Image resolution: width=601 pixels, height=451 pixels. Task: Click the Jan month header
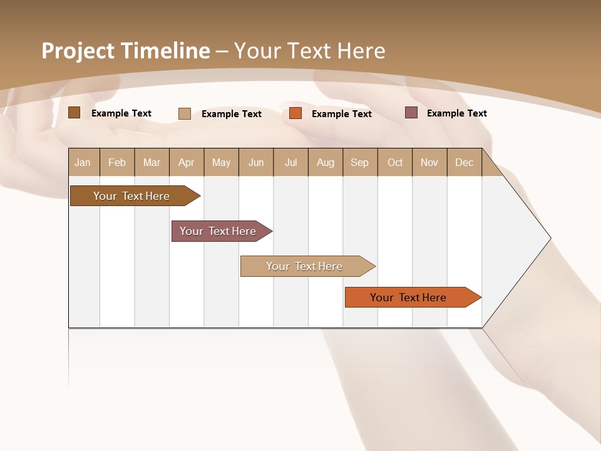(83, 162)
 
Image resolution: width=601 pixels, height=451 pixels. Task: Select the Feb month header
(117, 162)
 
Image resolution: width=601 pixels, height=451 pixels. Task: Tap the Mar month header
(152, 162)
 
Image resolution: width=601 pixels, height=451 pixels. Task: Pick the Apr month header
(186, 162)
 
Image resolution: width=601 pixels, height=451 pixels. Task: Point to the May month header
(221, 162)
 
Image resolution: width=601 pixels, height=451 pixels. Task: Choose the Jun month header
(256, 162)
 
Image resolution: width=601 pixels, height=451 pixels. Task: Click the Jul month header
(290, 162)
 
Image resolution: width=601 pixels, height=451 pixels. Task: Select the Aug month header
(326, 162)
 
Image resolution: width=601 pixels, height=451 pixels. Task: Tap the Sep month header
(360, 162)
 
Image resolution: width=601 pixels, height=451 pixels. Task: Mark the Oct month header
(395, 162)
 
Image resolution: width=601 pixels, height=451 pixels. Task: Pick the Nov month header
(429, 162)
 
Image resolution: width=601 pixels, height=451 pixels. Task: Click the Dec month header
(464, 162)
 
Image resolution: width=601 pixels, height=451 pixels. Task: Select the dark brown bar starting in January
(131, 196)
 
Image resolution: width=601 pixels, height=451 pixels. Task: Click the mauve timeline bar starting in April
(218, 231)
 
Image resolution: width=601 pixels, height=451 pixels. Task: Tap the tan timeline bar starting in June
(304, 266)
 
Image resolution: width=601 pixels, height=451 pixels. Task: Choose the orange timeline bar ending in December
(409, 298)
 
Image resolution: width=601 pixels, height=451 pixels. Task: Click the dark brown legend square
(74, 113)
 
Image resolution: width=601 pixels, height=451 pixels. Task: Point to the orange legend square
(295, 113)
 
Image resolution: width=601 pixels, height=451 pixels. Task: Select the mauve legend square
(411, 113)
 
